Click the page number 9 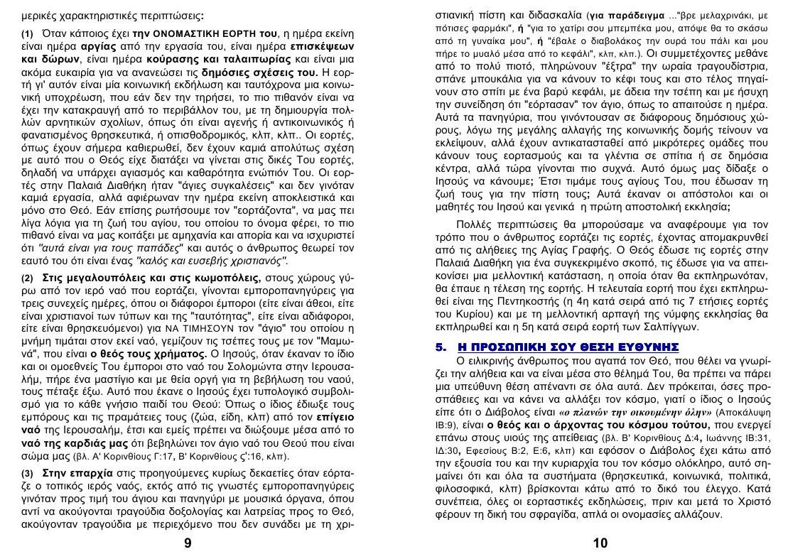click(188, 543)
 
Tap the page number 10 click(600, 543)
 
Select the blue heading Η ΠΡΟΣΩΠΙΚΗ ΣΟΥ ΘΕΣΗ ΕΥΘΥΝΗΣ click(568, 347)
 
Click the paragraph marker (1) click(29, 34)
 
